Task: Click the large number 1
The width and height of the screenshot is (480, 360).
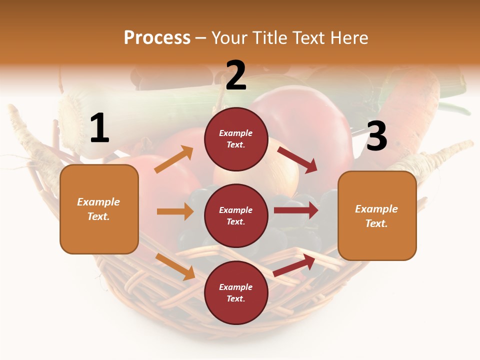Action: [99, 128]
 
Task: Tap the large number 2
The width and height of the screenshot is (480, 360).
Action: [236, 75]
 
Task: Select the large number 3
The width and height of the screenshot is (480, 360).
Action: [376, 136]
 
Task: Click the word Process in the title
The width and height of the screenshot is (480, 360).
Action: [157, 37]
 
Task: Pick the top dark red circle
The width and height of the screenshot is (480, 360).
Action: [236, 139]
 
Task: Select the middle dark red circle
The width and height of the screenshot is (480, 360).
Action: [236, 215]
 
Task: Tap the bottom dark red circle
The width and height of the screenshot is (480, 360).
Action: [236, 292]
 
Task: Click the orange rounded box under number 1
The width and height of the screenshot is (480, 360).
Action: [99, 209]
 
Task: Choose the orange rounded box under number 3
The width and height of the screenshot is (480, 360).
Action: [377, 215]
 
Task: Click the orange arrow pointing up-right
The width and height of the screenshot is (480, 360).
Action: [174, 159]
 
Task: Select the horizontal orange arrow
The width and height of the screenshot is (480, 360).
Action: [175, 211]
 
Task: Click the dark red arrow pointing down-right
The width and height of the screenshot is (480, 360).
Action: [297, 159]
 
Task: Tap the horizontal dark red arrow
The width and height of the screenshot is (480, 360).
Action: [296, 210]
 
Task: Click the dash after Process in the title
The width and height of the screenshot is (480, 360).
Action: [201, 38]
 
